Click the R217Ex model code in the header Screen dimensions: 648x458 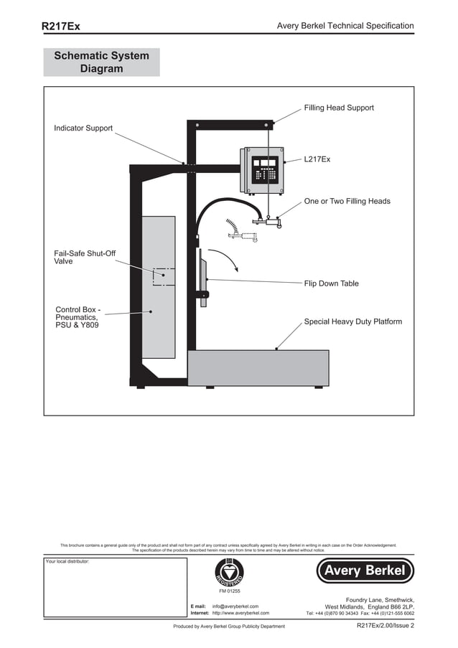(x=60, y=26)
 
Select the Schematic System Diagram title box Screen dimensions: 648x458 (x=101, y=62)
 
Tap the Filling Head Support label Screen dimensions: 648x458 (x=339, y=108)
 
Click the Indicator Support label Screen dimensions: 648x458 (x=83, y=128)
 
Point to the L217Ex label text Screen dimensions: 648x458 (x=317, y=159)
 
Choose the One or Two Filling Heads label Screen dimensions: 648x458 (x=347, y=202)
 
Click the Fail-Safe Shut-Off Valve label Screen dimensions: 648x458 (x=85, y=258)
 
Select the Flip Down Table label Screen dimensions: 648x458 (x=331, y=283)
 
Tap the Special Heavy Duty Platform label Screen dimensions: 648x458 (x=352, y=321)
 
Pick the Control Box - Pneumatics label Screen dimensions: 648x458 (x=78, y=318)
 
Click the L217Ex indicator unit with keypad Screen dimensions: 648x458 (x=264, y=170)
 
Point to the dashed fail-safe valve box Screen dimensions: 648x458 (x=163, y=277)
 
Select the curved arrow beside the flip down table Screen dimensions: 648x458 (x=232, y=259)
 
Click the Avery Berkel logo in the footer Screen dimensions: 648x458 (x=365, y=571)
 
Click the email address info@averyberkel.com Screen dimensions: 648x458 (x=235, y=606)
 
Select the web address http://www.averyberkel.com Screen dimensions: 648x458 (x=240, y=614)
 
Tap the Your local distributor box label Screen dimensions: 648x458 (x=67, y=561)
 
